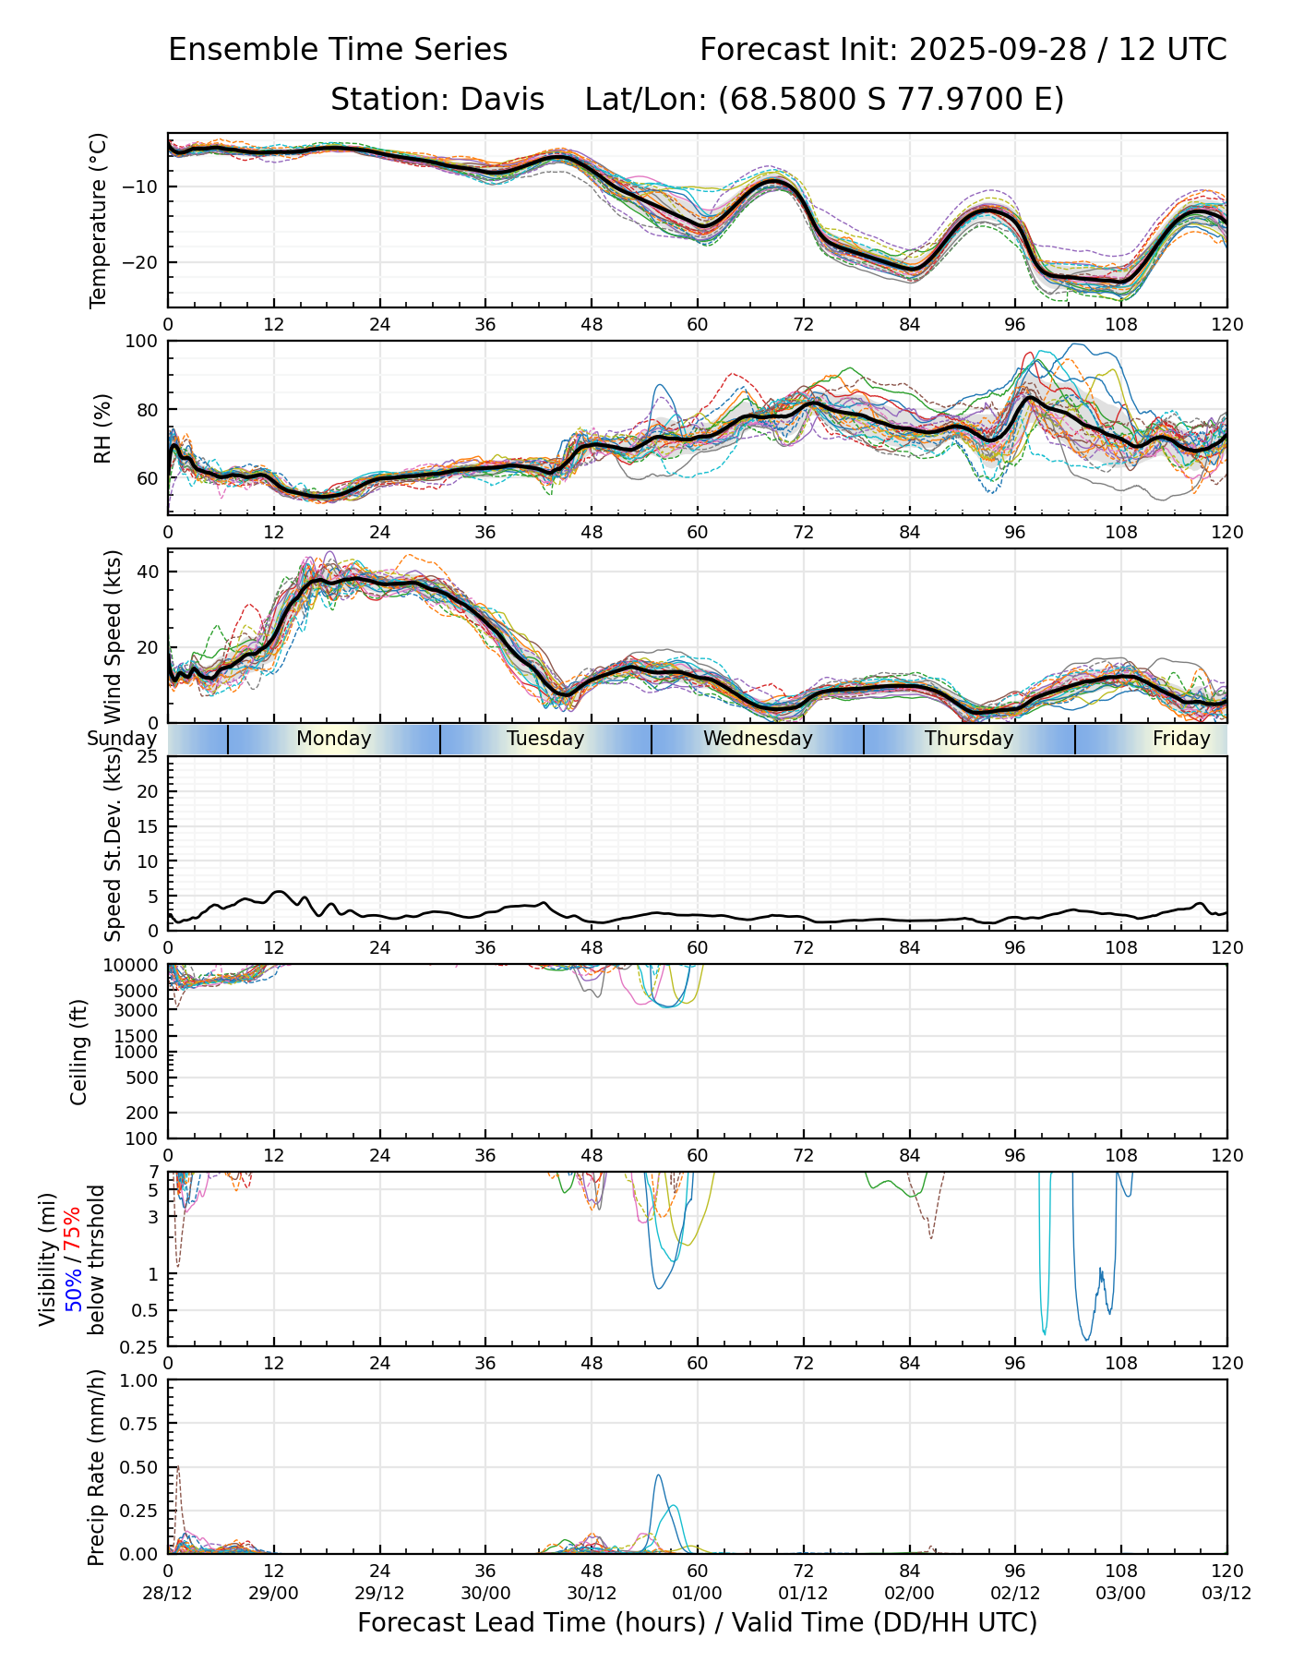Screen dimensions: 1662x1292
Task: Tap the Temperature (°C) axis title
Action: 99,220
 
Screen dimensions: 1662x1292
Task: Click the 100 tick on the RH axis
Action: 142,342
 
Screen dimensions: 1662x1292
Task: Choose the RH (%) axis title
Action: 102,428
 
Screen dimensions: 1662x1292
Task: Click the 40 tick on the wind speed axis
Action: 148,572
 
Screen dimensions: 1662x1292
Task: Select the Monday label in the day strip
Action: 333,739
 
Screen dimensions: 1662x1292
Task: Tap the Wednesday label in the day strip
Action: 758,739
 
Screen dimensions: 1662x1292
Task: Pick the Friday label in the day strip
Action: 1180,739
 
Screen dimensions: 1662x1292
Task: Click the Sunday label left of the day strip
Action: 122,739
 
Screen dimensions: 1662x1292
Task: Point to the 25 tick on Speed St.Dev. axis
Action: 148,757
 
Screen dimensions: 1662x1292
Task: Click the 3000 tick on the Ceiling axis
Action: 139,1009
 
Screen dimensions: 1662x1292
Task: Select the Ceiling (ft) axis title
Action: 79,1052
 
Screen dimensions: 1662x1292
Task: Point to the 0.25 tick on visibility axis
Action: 140,1345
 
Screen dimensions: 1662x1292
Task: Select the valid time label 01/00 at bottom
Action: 698,1593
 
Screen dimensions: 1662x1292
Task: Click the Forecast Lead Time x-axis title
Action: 697,1623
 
